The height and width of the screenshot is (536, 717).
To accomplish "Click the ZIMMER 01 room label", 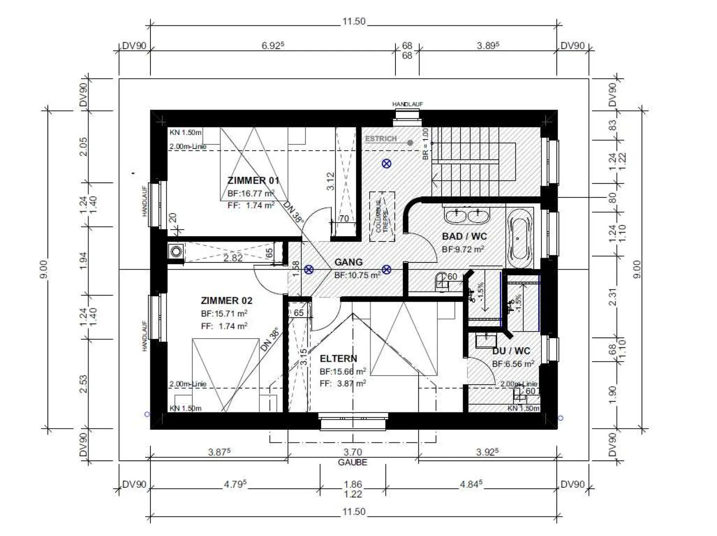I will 253,180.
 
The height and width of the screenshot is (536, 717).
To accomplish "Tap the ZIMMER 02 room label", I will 227,300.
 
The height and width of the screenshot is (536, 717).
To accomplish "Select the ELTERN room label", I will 338,359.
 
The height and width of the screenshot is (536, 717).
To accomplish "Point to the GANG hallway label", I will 349,262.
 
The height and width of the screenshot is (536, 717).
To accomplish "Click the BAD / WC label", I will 464,237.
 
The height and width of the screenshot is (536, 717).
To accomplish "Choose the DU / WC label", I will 511,351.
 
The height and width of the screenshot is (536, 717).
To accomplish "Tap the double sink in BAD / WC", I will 467,216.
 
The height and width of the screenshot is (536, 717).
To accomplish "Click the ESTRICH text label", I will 381,139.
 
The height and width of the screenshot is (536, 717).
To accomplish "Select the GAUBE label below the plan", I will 353,462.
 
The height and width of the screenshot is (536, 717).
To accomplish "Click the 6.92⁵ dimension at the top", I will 272,46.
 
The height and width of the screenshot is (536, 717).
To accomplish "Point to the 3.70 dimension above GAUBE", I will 353,452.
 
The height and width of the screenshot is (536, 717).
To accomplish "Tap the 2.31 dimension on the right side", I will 612,297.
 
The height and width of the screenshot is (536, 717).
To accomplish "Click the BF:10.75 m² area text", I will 357,275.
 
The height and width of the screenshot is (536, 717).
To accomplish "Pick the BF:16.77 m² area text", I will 251,194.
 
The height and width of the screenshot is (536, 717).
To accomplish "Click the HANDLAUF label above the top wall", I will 407,104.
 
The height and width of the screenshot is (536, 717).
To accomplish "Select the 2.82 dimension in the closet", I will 233,258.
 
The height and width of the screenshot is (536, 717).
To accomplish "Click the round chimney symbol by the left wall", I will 176,252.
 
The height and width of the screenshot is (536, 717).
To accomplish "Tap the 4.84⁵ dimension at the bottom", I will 471,484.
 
